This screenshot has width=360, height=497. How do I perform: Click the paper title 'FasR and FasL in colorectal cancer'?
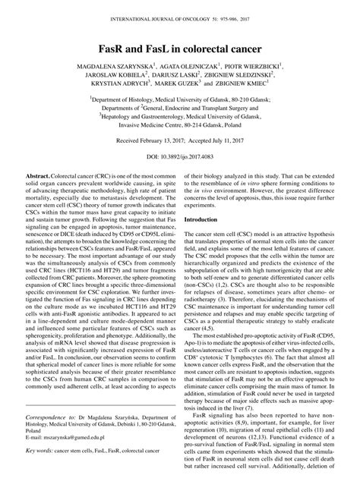[x=180, y=49]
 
